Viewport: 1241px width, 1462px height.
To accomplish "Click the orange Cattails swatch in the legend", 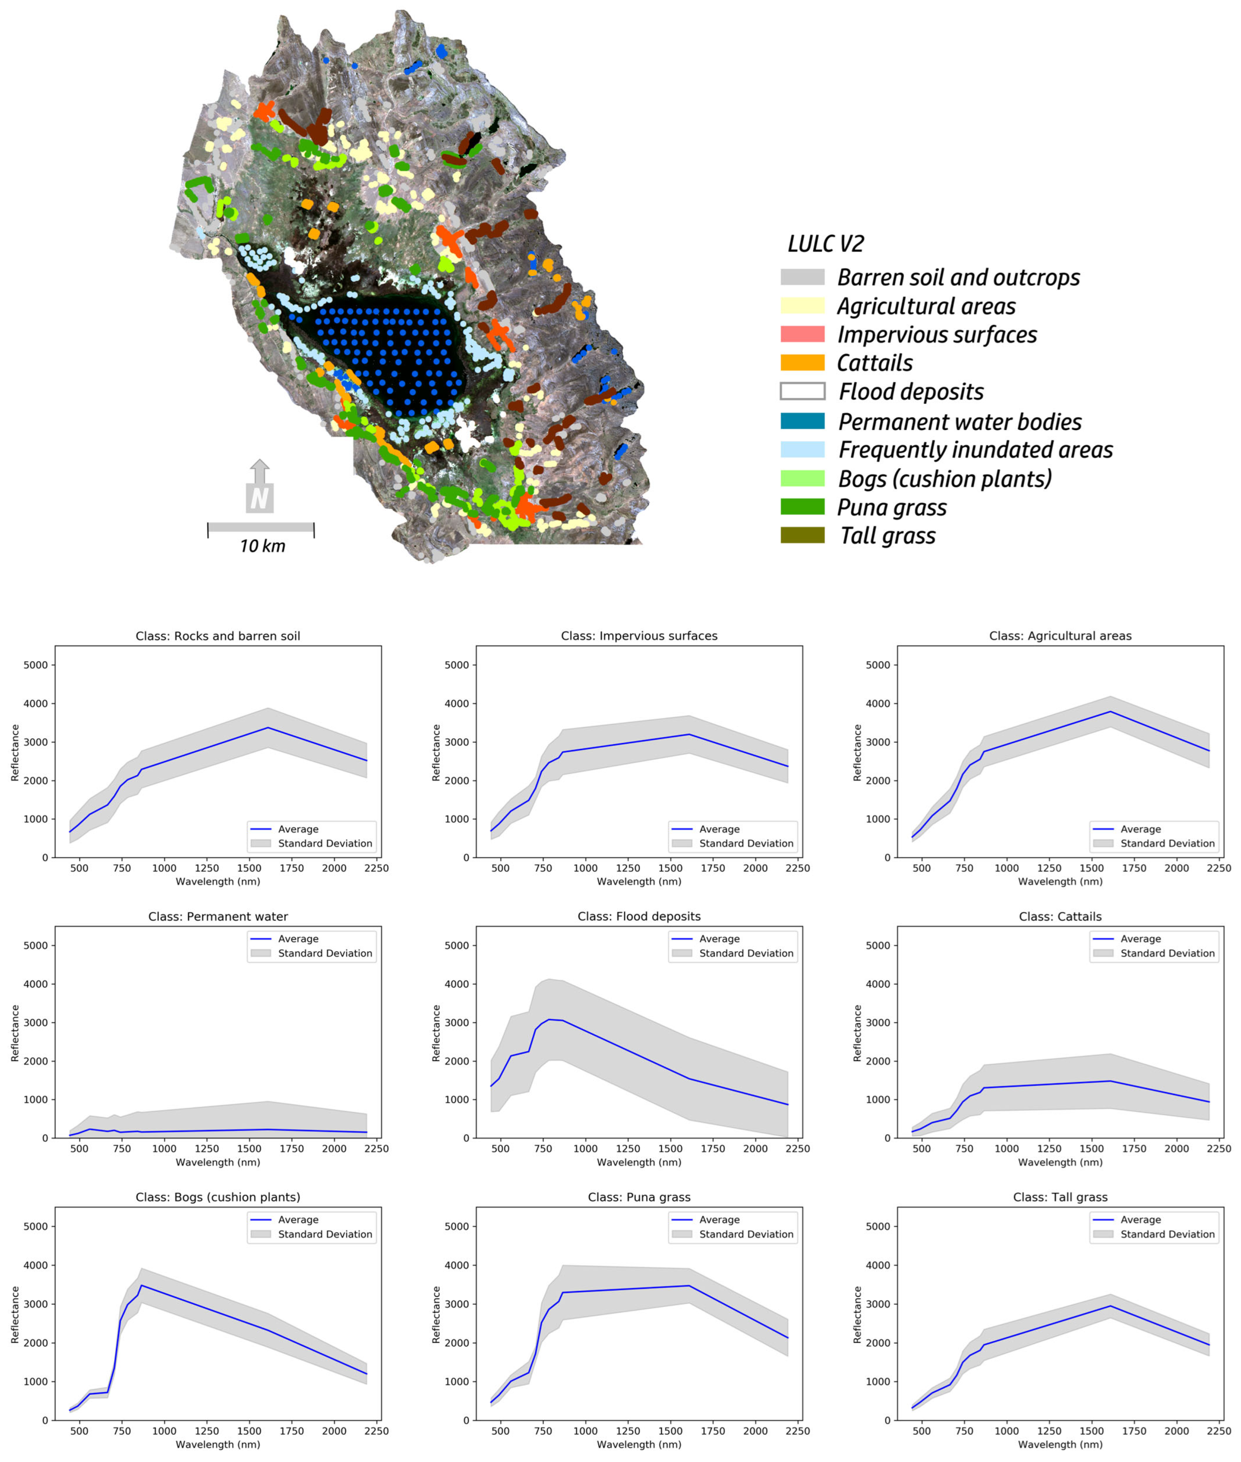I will pyautogui.click(x=802, y=362).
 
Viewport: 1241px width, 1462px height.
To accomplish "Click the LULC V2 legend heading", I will pyautogui.click(x=825, y=243).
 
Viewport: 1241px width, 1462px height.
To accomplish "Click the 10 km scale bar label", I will pyautogui.click(x=262, y=546).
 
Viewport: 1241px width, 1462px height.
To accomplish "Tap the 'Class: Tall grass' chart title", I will pyautogui.click(x=1060, y=1197).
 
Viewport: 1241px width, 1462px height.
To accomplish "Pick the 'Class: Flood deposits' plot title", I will pyautogui.click(x=639, y=916).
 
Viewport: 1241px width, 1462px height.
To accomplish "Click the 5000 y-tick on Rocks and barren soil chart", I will pyautogui.click(x=36, y=665).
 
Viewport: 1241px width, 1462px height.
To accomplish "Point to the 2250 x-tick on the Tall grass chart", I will pyautogui.click(x=1218, y=1430).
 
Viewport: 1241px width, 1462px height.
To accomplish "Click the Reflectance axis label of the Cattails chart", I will pyautogui.click(x=857, y=1033).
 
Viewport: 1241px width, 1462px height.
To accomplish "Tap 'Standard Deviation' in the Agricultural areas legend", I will pyautogui.click(x=1167, y=843).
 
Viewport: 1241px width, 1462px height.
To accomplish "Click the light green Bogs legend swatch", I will pyautogui.click(x=802, y=479).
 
